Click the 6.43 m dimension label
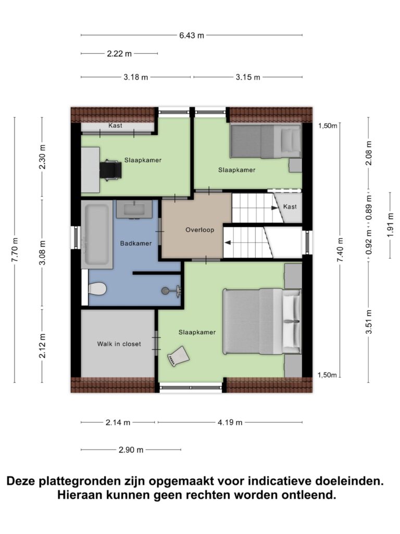192,35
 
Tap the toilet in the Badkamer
97,289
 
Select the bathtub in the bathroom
97,235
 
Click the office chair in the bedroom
110,169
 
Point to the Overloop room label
199,230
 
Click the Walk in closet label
119,344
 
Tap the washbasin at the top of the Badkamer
134,209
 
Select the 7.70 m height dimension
15,250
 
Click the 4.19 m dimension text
230,422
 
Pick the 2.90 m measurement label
131,450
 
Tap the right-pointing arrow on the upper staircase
274,208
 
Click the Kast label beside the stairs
290,207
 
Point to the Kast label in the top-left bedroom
115,126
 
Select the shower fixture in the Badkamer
171,290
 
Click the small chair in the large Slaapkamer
178,356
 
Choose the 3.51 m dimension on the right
369,322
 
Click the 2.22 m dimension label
119,54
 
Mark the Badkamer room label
136,244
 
